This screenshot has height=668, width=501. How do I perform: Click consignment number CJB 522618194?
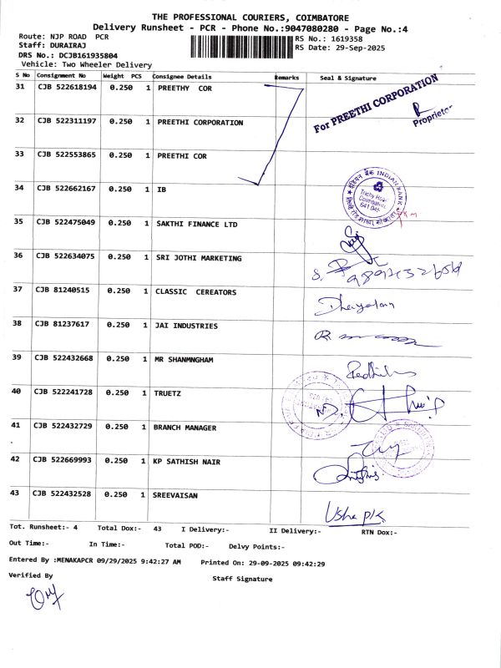tap(67, 87)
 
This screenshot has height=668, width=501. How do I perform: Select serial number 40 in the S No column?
tap(17, 391)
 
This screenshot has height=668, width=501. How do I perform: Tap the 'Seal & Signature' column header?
tap(348, 78)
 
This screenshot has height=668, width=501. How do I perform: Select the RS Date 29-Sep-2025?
tap(359, 48)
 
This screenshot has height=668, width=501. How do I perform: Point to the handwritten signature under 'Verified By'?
tap(37, 598)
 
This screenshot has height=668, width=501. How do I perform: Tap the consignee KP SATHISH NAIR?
tap(186, 462)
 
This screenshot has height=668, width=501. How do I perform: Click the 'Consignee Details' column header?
tap(181, 77)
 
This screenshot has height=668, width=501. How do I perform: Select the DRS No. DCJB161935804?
tap(83, 55)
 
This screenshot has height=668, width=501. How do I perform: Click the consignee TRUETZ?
tap(169, 392)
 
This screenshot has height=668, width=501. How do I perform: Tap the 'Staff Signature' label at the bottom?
tap(242, 578)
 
